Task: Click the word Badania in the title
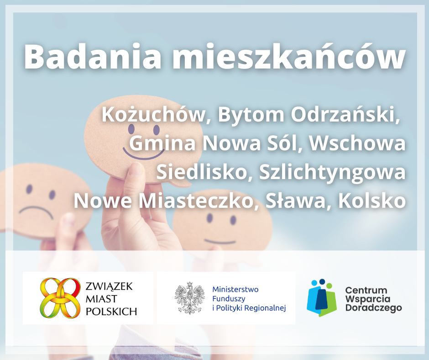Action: pos(93,57)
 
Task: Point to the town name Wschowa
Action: pos(357,143)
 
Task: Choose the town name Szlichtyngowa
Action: pos(332,173)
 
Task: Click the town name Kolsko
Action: pos(372,201)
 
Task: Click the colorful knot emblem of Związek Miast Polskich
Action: pos(60,298)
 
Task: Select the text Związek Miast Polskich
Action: pos(111,299)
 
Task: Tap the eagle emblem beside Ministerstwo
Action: pos(189,298)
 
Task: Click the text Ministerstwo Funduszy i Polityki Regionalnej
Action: pos(249,299)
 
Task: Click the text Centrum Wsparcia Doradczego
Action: pos(373,299)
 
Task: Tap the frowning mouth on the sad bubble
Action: pos(36,212)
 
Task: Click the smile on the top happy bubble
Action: pos(143,154)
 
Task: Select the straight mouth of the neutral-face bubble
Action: pos(220,241)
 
